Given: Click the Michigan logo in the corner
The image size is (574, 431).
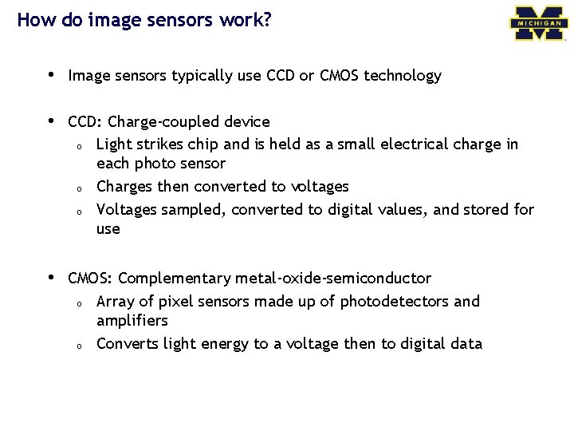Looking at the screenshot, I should (540, 23).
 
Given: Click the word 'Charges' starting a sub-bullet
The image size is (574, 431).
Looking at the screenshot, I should (123, 187).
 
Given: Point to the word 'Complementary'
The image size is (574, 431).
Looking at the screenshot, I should (174, 279).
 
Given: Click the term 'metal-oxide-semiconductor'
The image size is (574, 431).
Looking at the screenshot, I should (333, 279).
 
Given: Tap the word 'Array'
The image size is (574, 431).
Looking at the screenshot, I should (116, 302).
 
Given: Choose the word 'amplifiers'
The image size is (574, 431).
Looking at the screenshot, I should (132, 321).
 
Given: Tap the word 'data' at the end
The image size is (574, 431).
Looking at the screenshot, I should (466, 344).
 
